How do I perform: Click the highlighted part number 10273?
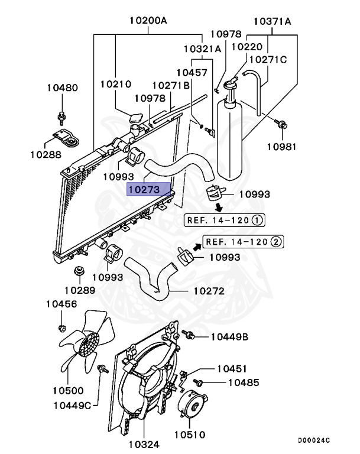pyautogui.click(x=144, y=190)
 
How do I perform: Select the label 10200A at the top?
pyautogui.click(x=148, y=21)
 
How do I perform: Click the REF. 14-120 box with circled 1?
pyautogui.click(x=225, y=220)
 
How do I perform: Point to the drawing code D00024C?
pyautogui.click(x=313, y=440)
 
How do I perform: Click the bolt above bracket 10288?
pyautogui.click(x=61, y=115)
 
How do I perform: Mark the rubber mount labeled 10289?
pyautogui.click(x=77, y=273)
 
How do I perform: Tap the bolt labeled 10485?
pyautogui.click(x=199, y=383)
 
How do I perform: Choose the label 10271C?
pyautogui.click(x=267, y=59)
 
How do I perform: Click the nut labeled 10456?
pyautogui.click(x=61, y=327)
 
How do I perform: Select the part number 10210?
pyautogui.click(x=115, y=85)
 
